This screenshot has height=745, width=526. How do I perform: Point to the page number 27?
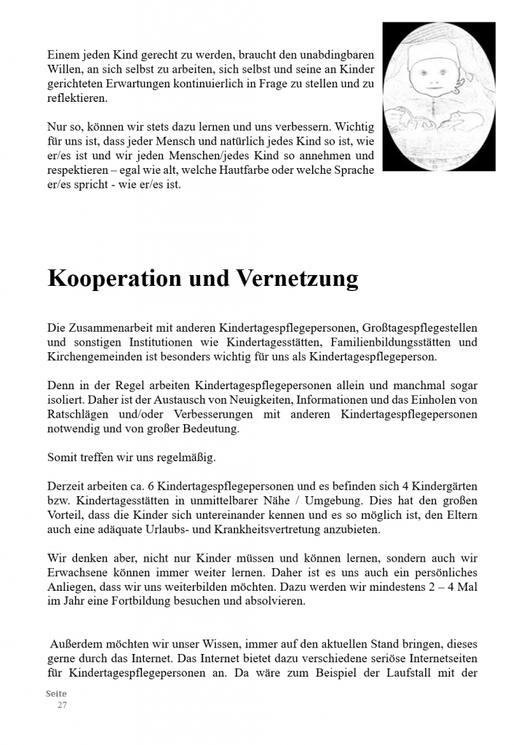tap(63, 705)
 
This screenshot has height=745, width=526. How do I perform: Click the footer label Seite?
tap(56, 694)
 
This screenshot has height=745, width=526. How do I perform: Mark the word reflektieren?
tap(77, 97)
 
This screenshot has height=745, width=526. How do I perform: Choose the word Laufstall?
tap(408, 672)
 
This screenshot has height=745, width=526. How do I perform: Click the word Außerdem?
tap(75, 644)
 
